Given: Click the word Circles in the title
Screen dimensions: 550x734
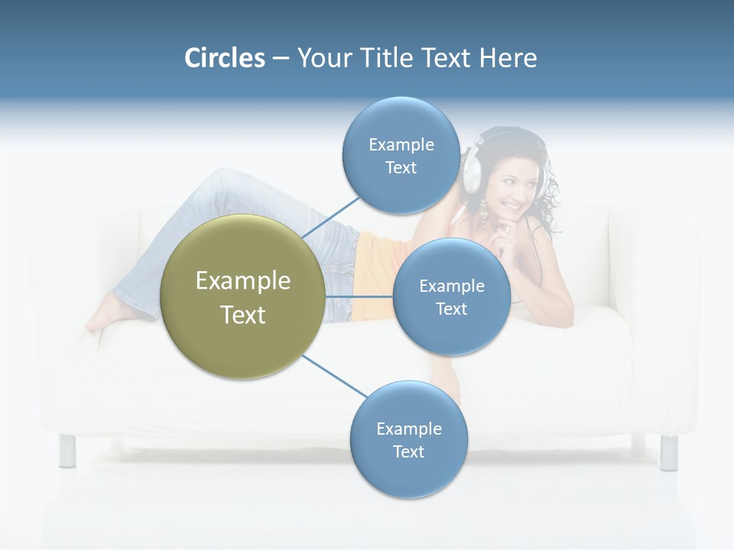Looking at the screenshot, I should coord(225,58).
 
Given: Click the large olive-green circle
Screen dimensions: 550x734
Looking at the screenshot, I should coord(243,296).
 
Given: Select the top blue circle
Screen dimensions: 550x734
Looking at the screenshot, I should coord(401,155).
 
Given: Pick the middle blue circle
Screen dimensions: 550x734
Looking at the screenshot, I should coord(451,296).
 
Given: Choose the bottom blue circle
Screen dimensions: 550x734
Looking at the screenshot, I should coord(408,439).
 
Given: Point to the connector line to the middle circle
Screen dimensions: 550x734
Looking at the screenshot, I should coord(359,296).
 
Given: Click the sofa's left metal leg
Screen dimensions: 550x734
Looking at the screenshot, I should coord(67,450).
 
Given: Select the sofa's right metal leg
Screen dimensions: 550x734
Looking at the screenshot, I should coord(668,452).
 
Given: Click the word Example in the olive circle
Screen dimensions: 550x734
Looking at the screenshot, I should coord(243,281).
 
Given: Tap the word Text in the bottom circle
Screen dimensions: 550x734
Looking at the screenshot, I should coord(408,451).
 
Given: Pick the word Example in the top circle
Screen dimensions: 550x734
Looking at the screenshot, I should coord(401,144).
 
